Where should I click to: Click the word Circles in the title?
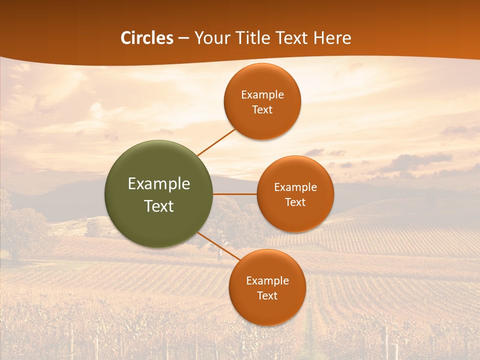click(146, 38)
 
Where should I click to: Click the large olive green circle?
click(159, 194)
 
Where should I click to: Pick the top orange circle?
click(262, 101)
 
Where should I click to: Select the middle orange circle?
click(295, 194)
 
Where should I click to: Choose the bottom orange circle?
click(267, 287)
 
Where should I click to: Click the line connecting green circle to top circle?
click(216, 142)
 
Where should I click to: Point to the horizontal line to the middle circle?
click(235, 194)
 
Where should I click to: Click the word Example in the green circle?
click(159, 184)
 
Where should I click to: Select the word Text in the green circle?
click(159, 206)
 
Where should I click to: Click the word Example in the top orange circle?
click(262, 95)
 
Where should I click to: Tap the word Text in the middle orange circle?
click(295, 202)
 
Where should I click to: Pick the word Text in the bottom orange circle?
click(267, 295)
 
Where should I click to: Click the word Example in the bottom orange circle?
click(267, 280)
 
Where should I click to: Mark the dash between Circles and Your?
click(183, 38)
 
